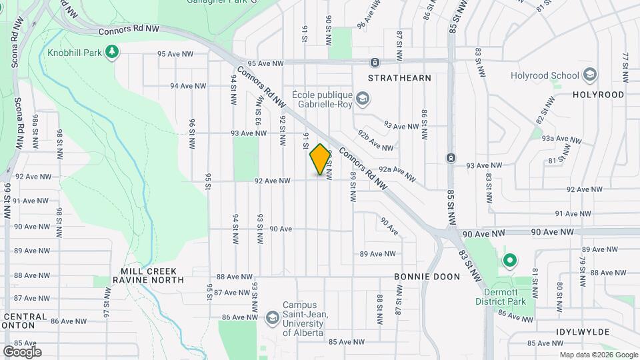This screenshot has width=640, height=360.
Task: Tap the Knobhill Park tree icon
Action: coord(113,51)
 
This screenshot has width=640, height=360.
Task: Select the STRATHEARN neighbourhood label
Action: coord(400,78)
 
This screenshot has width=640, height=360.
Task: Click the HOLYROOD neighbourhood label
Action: coord(598,95)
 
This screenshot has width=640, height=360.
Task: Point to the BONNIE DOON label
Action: coord(427,276)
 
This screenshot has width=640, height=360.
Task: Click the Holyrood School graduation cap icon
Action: coord(589,75)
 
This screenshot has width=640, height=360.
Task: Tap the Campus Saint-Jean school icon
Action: coord(272,317)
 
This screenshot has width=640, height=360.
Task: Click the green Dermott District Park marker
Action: coord(510,261)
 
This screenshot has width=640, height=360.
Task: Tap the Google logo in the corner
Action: coord(22,351)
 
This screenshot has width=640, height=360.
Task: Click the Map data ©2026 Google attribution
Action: coord(599,355)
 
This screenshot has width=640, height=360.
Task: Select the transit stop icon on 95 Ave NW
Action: coord(375,63)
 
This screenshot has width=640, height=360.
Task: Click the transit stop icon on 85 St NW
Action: coord(451,158)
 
